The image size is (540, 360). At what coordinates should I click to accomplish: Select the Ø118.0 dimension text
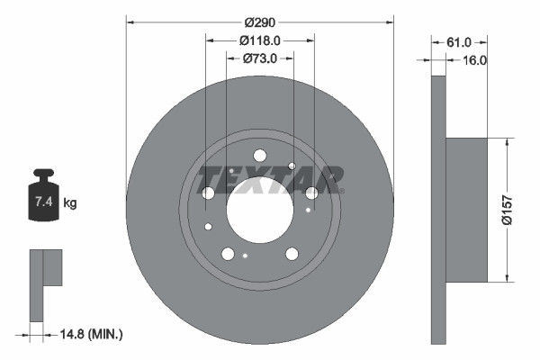click(261, 40)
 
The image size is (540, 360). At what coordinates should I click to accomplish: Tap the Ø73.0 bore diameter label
click(259, 58)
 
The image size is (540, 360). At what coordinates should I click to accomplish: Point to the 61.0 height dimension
click(459, 42)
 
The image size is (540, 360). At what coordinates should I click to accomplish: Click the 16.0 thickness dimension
click(473, 60)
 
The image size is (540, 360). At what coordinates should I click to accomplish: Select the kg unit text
click(70, 203)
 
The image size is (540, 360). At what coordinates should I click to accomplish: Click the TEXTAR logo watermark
click(270, 179)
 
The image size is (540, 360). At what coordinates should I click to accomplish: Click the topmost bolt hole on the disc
click(260, 155)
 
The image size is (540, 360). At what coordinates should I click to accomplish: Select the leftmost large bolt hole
click(209, 193)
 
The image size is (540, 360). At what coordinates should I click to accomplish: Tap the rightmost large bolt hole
click(311, 193)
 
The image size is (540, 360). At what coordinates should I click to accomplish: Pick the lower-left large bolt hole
click(228, 254)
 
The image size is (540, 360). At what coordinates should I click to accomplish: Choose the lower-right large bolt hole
click(292, 254)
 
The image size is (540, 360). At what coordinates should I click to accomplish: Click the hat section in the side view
click(466, 209)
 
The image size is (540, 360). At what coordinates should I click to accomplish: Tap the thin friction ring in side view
click(438, 209)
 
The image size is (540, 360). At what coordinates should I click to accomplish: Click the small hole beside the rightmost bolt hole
click(308, 211)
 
